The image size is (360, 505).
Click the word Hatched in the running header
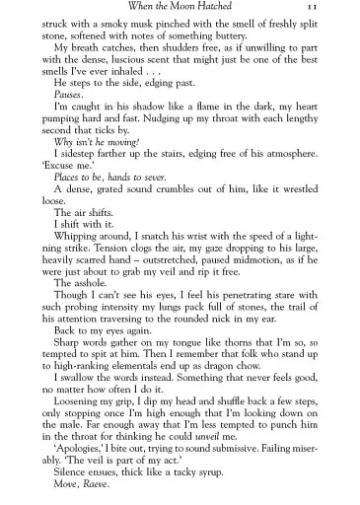click(224, 8)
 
